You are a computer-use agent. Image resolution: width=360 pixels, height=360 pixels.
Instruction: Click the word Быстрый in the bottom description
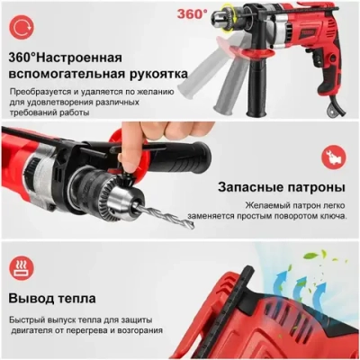[x=30, y=320]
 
